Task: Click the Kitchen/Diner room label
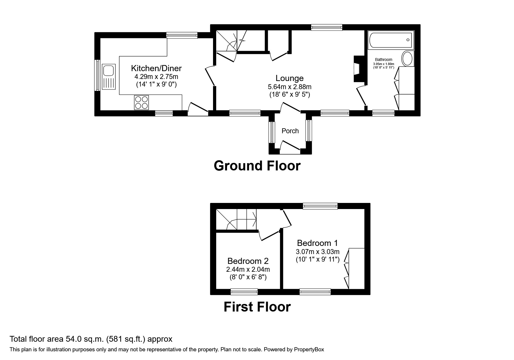coord(156,68)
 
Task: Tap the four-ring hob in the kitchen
coord(141,102)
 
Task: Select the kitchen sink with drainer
coord(109,77)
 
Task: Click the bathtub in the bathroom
coord(391,40)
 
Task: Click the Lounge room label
coord(290,78)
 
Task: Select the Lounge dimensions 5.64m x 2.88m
coord(290,87)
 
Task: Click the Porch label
coord(290,131)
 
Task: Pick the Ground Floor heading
coord(257,166)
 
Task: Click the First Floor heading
coord(257,307)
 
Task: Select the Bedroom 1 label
coord(318,243)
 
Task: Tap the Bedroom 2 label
coord(248,261)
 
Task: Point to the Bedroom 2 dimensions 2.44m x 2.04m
coord(248,269)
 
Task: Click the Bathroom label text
coord(384,60)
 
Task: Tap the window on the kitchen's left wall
coord(98,75)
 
